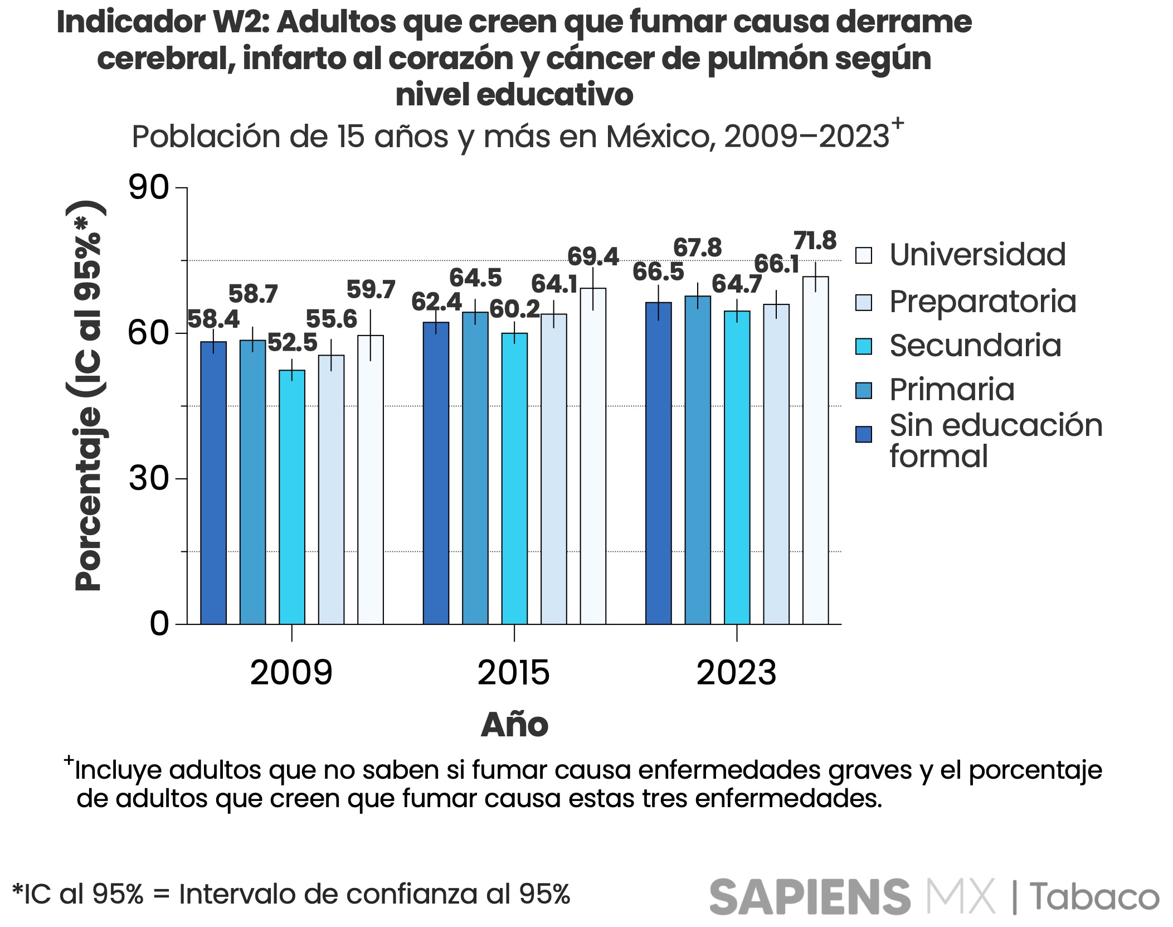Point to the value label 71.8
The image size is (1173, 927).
coord(815,241)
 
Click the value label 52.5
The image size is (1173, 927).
coord(292,342)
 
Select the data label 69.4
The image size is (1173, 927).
coord(593,256)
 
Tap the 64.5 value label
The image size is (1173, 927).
coord(475,278)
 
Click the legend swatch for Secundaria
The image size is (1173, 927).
coord(863,346)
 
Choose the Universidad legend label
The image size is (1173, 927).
coord(977,255)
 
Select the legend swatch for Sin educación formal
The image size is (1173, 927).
coord(863,434)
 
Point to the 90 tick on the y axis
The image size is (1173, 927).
coord(149,188)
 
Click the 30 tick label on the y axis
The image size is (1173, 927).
coord(149,478)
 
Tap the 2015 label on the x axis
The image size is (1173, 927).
coord(513,672)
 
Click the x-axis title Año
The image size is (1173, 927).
coord(514,725)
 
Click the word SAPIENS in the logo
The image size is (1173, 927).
coord(810,896)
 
